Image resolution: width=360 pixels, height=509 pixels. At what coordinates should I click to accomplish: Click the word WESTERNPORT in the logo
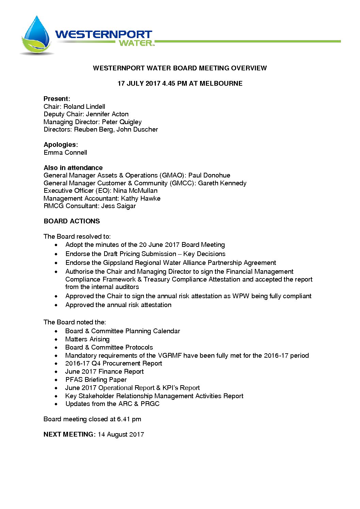pos(103,34)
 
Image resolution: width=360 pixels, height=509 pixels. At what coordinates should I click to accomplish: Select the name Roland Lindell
pos(84,106)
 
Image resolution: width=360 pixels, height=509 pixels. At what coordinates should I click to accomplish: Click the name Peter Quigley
pos(121,122)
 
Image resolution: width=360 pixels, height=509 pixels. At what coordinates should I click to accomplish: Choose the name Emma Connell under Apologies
pos(65,152)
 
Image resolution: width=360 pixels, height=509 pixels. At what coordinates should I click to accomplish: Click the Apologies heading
pos(61,145)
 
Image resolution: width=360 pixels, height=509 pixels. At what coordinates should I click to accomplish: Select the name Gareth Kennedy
pos(222,183)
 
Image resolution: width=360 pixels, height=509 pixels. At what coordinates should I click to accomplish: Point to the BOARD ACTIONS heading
pos(72,221)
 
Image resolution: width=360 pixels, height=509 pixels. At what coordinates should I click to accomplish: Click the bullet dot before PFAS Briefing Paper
pos(56,380)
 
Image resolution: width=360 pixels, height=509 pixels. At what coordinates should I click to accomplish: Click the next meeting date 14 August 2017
pos(121,434)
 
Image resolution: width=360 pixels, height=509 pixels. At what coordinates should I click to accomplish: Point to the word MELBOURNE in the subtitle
pos(221,83)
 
